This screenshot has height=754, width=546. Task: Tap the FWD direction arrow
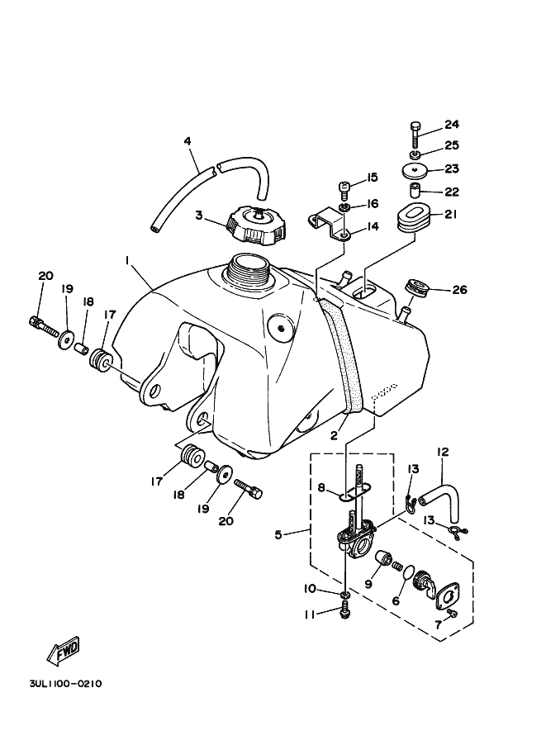tap(63, 652)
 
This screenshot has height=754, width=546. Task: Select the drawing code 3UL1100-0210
tap(65, 683)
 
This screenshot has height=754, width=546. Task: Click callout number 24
tap(452, 125)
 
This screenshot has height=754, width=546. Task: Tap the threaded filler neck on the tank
tap(249, 268)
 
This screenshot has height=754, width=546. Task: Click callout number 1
tap(127, 260)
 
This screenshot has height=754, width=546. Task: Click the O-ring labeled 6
tap(408, 573)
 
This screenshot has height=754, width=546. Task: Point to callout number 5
tap(278, 534)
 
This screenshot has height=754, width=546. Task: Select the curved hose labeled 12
tap(440, 506)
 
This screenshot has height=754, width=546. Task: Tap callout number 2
tap(335, 436)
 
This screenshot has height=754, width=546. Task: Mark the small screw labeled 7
tap(451, 613)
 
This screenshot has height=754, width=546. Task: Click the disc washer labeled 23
tap(415, 171)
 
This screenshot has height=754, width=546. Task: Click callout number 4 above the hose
tap(188, 141)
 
